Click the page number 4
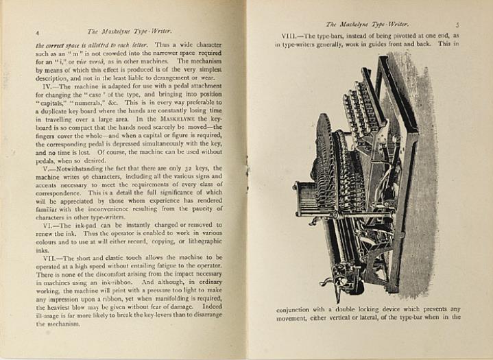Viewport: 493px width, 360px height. coord(36,31)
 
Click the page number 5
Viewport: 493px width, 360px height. coord(457,23)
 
